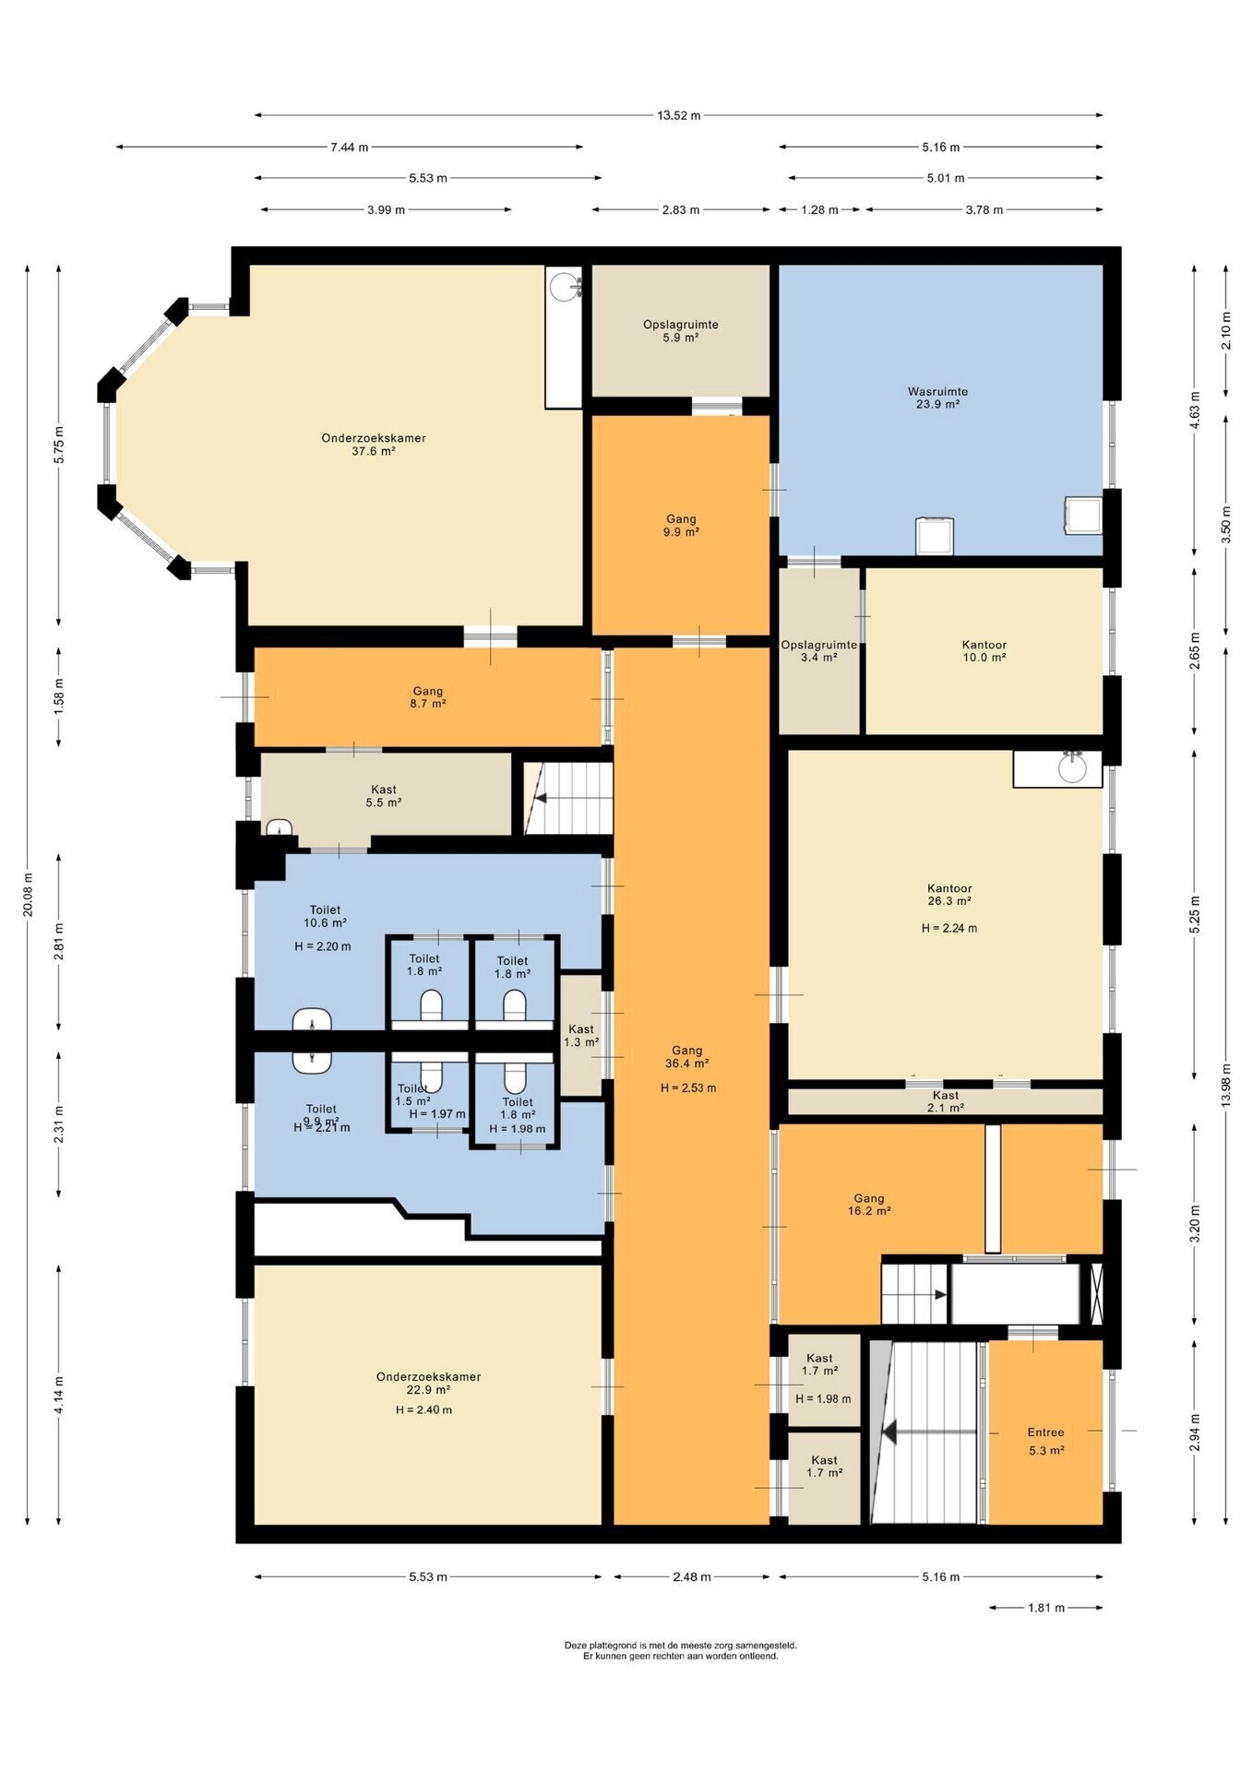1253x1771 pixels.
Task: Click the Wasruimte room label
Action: (937, 398)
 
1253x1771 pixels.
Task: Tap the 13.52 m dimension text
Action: (678, 115)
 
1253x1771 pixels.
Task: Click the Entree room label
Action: (1045, 1441)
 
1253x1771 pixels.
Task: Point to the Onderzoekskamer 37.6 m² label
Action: (374, 445)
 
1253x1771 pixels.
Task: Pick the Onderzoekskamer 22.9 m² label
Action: (428, 1383)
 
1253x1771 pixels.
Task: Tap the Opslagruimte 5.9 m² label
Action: (681, 331)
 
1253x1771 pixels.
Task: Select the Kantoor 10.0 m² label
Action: (984, 651)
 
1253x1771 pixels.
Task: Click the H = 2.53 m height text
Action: (688, 1088)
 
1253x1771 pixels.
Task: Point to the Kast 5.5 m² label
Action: (384, 796)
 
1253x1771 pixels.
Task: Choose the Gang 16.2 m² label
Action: (869, 1205)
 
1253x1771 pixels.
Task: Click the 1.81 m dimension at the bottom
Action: (1046, 1608)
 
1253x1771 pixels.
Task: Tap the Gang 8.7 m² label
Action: (428, 697)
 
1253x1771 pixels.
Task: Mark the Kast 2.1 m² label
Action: (946, 1101)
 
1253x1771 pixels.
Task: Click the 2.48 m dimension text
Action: (692, 1576)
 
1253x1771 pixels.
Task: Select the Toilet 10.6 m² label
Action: (325, 916)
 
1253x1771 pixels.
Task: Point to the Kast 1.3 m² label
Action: (581, 1036)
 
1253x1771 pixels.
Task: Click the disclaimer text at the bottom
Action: (681, 1650)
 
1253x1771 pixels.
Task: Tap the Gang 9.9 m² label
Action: (681, 526)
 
